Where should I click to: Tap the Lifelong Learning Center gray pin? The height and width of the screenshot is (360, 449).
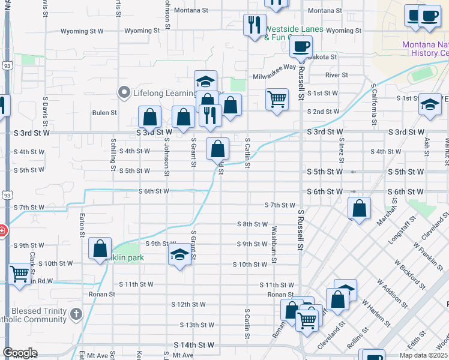click(x=124, y=92)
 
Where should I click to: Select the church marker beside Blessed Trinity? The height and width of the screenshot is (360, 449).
click(x=76, y=313)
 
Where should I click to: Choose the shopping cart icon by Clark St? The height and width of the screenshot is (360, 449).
click(x=20, y=273)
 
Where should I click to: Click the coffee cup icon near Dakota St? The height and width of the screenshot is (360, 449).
click(x=302, y=46)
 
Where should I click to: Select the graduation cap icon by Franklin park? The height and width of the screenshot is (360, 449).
click(x=179, y=254)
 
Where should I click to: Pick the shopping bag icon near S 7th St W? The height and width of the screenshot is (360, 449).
click(x=359, y=209)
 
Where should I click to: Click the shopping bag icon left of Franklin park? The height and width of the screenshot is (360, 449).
click(x=100, y=248)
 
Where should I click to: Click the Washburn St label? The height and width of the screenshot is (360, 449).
click(x=273, y=238)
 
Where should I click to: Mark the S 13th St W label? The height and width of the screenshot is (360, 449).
click(x=197, y=325)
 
